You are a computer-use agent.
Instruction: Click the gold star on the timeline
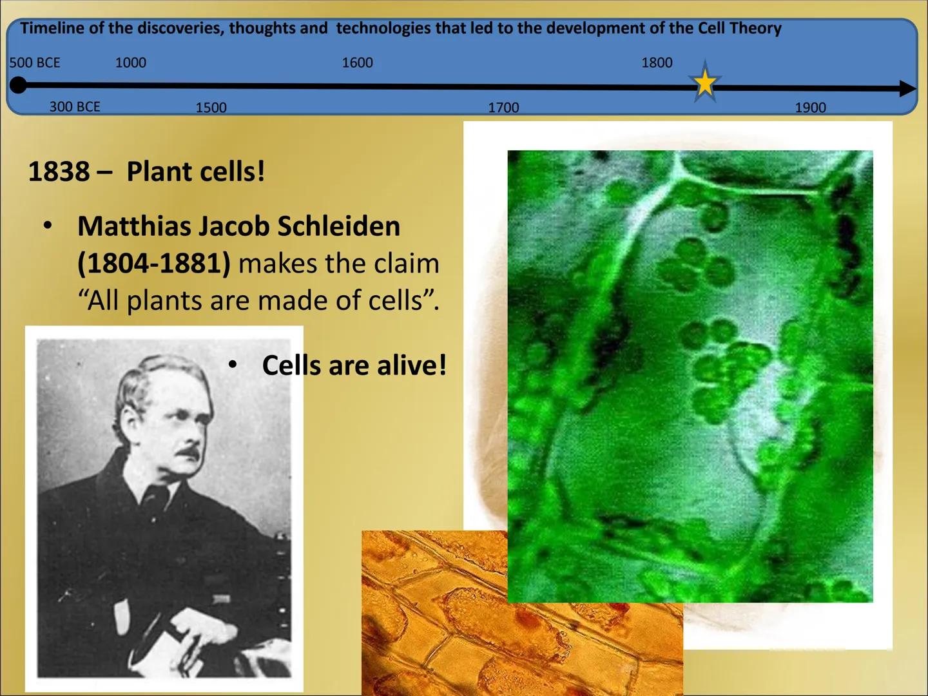point(705,83)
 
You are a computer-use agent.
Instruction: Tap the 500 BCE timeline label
point(35,63)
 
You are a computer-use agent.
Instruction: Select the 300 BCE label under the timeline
point(75,107)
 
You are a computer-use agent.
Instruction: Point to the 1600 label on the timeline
point(357,63)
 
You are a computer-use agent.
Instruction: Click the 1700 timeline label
point(503,108)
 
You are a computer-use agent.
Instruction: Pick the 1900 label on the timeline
point(810,108)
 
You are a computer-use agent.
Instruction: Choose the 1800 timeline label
point(657,63)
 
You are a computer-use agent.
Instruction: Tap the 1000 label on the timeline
point(130,63)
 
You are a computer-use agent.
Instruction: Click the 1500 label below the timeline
point(211,108)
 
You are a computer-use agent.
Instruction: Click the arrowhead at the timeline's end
point(907,89)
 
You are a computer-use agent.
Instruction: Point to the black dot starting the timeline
point(19,85)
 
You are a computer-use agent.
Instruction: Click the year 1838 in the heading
point(59,172)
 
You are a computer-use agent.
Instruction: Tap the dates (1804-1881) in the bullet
point(154,264)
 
